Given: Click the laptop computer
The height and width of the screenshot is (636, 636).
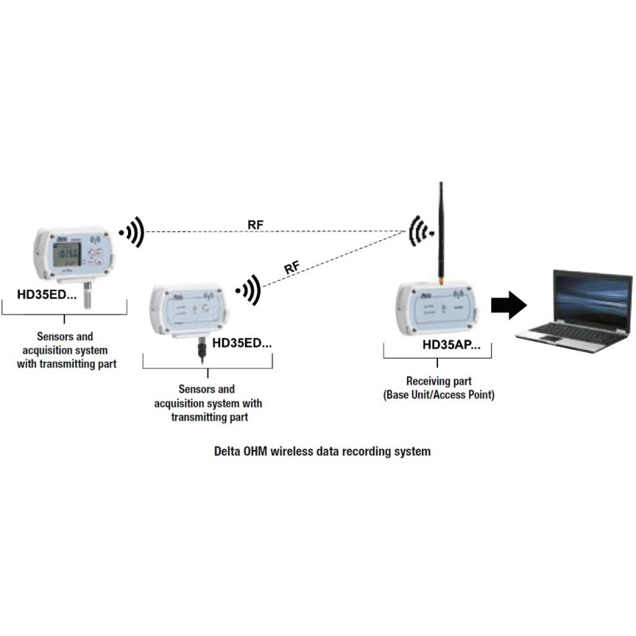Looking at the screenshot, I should [x=573, y=310].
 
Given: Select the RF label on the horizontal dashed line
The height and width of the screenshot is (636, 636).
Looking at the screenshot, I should [x=255, y=224].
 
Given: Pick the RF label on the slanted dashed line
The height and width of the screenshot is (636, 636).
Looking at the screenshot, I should [x=291, y=266].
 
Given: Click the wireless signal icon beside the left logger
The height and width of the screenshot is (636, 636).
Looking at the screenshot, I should [x=132, y=232].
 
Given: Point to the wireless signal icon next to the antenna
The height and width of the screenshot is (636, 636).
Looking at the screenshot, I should [x=419, y=232].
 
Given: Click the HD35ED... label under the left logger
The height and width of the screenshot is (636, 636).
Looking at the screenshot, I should [x=48, y=294].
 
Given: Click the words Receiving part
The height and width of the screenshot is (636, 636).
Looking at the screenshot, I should [x=438, y=381].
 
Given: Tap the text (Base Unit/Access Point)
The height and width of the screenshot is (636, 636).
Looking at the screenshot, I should [x=438, y=394].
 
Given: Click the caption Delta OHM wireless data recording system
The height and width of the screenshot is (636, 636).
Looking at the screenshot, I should [x=323, y=451].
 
